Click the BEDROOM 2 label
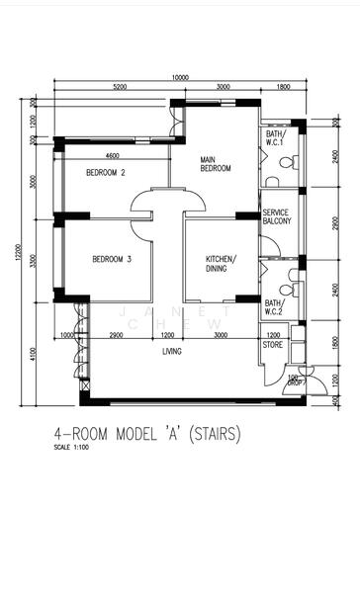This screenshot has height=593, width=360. click(x=105, y=172)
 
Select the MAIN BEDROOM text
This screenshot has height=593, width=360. click(x=215, y=163)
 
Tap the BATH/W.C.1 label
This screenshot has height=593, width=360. click(x=274, y=138)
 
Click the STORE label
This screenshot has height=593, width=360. click(x=272, y=345)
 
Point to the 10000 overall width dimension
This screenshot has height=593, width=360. click(x=179, y=77)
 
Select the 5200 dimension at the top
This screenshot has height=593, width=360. click(x=120, y=88)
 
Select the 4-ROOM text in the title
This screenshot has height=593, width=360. click(x=81, y=434)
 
